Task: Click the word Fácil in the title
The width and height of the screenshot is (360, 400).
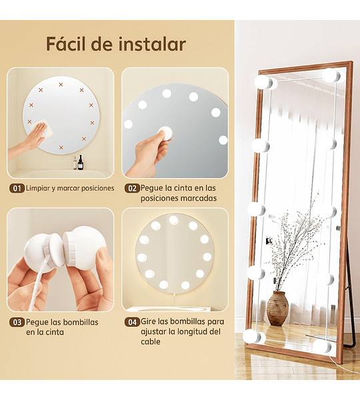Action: point(66,44)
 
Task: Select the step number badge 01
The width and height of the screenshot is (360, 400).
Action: point(17,189)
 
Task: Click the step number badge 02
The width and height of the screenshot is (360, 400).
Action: point(132,188)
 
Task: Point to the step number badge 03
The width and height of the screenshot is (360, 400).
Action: point(17,322)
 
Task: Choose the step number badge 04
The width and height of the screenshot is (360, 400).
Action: point(132,322)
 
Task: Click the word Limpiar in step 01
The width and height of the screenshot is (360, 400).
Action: point(38,189)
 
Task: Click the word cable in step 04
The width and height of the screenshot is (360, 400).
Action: point(151,341)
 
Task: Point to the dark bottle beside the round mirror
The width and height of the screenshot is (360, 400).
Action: point(80,162)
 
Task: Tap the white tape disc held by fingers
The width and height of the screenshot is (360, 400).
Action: point(165,133)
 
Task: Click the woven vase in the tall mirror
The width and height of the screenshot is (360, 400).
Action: point(277,308)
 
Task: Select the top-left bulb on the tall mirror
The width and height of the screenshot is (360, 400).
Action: point(263,82)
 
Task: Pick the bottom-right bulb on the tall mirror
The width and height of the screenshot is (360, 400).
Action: point(322,345)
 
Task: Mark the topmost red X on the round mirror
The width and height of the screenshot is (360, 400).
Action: point(61,85)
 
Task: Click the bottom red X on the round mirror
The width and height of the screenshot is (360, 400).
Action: point(61,147)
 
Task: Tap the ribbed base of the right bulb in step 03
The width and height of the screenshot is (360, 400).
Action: point(70,248)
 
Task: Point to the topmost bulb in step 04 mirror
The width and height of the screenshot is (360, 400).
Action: point(173,220)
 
